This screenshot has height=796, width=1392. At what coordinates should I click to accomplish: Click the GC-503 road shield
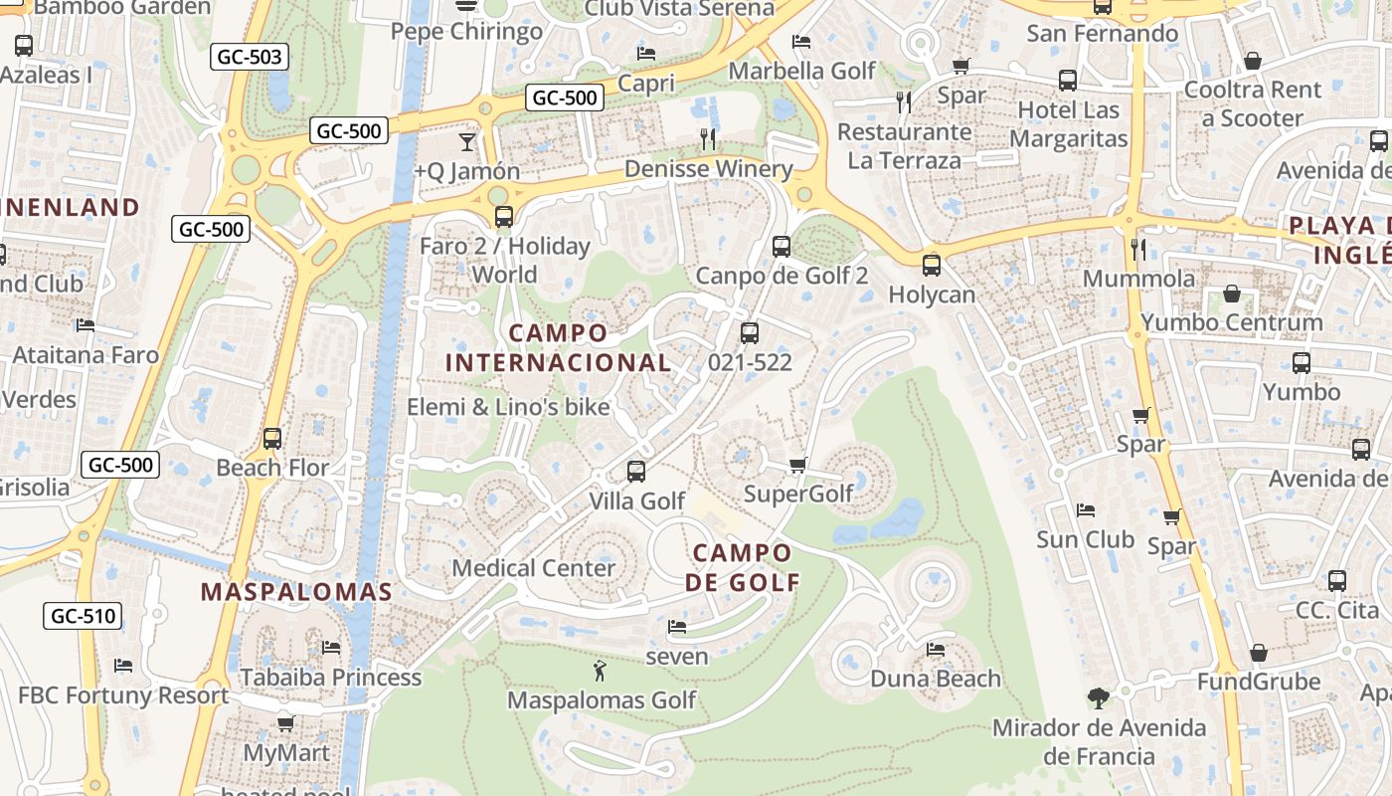tap(250, 57)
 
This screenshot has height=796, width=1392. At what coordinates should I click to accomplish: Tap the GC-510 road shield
tap(84, 616)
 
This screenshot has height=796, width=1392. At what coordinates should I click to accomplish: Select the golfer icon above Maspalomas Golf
tap(600, 671)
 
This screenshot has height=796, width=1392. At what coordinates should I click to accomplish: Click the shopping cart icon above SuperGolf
tap(797, 465)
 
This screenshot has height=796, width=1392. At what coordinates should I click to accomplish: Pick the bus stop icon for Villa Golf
tap(636, 472)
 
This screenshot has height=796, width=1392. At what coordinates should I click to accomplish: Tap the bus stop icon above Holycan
tap(931, 266)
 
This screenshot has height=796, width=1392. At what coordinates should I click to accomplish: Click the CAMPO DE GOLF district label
tap(743, 567)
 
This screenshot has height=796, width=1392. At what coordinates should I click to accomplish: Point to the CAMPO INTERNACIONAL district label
tap(558, 347)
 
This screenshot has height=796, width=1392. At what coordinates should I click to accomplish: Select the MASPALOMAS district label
tap(296, 592)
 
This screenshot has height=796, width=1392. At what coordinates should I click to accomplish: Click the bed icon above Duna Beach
tap(935, 650)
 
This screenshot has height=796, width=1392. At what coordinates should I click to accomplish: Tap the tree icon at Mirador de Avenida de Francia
tap(1098, 698)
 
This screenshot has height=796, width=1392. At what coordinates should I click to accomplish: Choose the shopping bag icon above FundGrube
tap(1258, 653)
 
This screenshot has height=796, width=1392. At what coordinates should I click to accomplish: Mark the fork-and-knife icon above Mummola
tap(1138, 249)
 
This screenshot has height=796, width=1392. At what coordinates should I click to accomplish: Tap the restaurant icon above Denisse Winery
tap(708, 139)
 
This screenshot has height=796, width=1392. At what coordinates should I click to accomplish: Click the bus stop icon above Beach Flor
tap(271, 438)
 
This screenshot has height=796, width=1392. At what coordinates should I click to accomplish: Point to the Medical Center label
tap(534, 568)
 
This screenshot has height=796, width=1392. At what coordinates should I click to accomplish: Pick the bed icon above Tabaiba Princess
tap(331, 648)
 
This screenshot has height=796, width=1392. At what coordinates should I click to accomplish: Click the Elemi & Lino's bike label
tap(508, 406)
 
